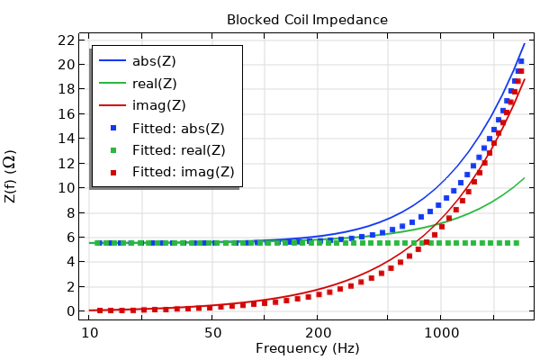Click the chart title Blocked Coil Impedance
[x=307, y=20]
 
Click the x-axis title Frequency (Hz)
[x=307, y=348]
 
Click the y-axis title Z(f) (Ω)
[x=11, y=175]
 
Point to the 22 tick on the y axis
[x=63, y=40]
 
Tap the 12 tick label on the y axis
[x=63, y=163]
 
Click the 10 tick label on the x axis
[x=89, y=332]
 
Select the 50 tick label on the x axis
[x=213, y=332]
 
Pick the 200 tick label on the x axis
[x=319, y=332]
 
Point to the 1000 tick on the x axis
[x=441, y=332]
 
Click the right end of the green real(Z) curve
[x=524, y=178]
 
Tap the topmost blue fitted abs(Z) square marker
[x=521, y=61]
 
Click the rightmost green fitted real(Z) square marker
[x=517, y=243]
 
